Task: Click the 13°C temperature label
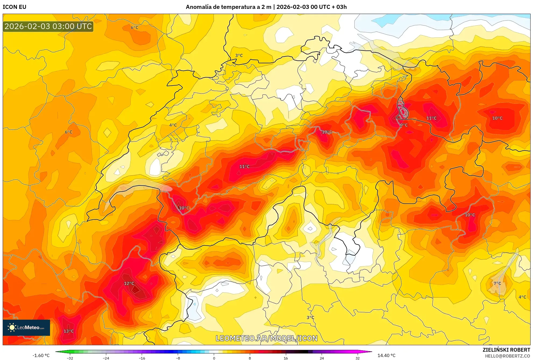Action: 68,331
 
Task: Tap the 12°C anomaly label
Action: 129,283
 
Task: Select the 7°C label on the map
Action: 497,283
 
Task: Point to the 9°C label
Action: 404,125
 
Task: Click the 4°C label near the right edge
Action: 522,297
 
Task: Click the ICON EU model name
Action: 15,7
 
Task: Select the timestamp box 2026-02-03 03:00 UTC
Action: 48,26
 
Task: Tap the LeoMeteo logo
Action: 26,327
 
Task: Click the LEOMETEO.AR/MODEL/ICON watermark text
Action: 266,338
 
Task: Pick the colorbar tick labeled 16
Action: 286,358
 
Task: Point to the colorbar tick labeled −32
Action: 70,358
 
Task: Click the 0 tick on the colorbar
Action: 214,358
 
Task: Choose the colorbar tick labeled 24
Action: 322,358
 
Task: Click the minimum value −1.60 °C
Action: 41,355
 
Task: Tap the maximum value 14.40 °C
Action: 386,355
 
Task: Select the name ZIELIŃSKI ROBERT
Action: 506,350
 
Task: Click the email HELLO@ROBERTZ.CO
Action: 507,356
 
